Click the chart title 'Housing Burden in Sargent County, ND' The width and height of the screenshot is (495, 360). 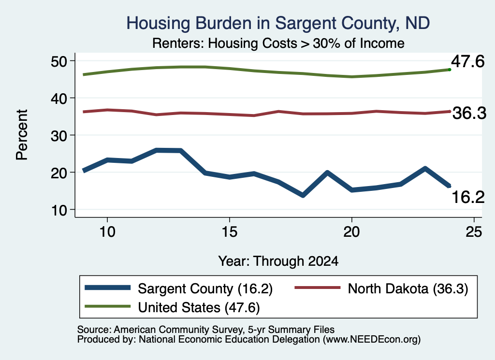point(278,23)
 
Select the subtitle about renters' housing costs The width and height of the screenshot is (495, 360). point(278,43)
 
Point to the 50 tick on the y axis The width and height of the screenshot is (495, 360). point(59,61)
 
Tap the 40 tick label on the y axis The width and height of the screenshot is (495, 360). point(59,98)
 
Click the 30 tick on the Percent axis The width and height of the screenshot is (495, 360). point(59,135)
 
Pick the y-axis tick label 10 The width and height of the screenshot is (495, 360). point(59,210)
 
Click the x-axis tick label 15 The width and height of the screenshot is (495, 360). point(230,232)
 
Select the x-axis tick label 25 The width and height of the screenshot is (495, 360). point(474,232)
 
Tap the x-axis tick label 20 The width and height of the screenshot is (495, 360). point(352,232)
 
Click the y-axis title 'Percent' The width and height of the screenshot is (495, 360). point(22,135)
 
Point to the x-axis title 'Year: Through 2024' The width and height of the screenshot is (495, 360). point(278,261)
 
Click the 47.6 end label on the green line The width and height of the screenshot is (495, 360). point(467,61)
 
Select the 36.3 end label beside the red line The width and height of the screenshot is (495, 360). point(469,113)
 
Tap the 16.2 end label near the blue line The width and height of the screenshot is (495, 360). point(468,197)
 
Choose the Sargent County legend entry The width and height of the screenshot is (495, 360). point(179,288)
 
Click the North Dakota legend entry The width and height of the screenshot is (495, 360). point(381,288)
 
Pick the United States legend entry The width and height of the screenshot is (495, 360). point(173,307)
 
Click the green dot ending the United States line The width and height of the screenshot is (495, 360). point(450,70)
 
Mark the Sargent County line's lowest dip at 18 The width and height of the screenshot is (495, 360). point(303,195)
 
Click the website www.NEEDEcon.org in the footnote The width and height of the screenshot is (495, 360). point(372,340)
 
